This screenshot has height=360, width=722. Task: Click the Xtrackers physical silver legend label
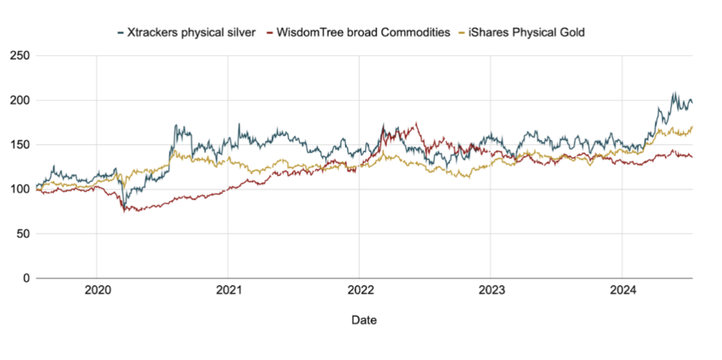pos(192,33)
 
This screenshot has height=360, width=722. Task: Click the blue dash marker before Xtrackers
pos(121,33)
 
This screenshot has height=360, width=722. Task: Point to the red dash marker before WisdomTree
pos(270,33)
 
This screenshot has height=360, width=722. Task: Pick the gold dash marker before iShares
pos(462,33)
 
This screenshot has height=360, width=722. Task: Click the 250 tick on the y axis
pos(20,56)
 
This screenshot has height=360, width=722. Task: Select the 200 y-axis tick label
pos(20,100)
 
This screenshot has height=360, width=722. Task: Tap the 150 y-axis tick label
pos(20,145)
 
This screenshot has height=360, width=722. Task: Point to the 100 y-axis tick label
pos(20,189)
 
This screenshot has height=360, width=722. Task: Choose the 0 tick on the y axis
pos(26,278)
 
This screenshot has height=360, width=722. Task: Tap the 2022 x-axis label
pos(359,291)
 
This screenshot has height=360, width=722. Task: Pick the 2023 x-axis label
pos(490,291)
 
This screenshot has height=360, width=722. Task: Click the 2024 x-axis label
pos(622,291)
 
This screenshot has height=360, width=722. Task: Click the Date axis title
pos(364,320)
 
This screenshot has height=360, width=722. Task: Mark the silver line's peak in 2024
pos(674,93)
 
